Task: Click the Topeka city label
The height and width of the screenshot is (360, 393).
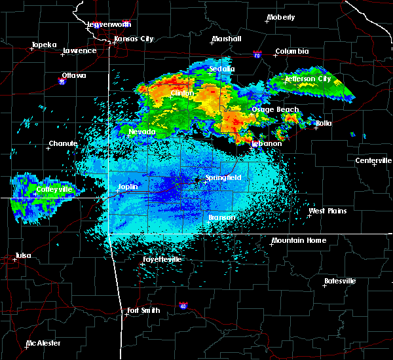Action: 44,45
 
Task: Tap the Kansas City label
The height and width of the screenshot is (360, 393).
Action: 134,39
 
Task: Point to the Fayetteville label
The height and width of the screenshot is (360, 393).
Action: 162,259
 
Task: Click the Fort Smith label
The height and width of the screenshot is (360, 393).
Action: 143,310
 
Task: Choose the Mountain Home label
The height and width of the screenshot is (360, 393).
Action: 299,240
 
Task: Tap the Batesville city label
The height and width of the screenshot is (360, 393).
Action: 340,281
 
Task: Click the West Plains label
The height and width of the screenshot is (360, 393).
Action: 328,211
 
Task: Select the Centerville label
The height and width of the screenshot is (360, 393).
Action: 374,160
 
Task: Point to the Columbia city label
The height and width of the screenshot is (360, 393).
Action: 291,51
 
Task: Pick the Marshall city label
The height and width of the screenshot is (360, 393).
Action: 226,39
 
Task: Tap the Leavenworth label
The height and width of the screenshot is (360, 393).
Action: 110,24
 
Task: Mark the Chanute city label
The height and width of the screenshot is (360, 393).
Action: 63,143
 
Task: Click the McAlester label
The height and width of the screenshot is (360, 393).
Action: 43,343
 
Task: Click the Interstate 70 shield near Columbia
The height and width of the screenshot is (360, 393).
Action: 258,57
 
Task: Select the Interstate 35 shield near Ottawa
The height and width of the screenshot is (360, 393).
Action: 62,82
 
